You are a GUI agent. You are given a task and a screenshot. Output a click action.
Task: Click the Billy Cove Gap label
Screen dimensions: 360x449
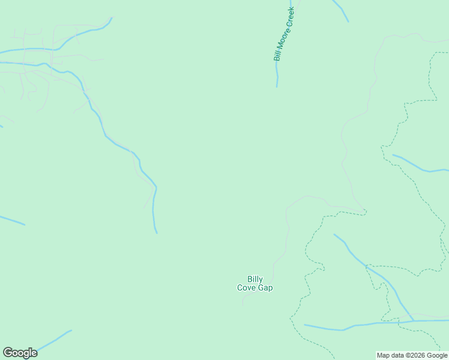click(x=255, y=283)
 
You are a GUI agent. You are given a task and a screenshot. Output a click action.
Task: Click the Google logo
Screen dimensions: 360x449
click(x=20, y=353)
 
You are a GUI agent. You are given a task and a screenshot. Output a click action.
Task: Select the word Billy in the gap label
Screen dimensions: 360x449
click(x=255, y=279)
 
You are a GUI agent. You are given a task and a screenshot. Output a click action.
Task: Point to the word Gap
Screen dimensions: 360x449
click(x=265, y=288)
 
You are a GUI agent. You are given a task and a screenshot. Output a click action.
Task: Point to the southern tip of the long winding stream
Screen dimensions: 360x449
click(x=156, y=232)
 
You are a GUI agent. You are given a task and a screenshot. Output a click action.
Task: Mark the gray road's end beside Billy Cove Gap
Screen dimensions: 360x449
click(x=243, y=305)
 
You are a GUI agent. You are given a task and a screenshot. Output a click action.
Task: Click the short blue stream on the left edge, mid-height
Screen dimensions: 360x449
click(x=12, y=220)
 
